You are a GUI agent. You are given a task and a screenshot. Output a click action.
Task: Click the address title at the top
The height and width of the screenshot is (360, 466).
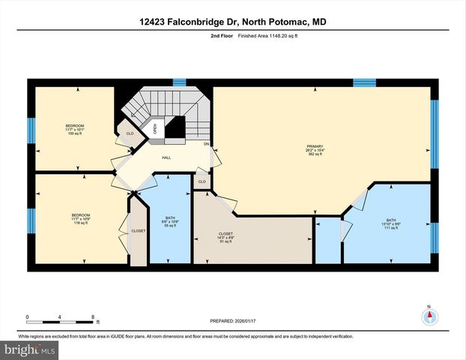click(232, 22)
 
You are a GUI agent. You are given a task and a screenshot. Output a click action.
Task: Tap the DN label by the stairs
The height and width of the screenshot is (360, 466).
click(207, 144)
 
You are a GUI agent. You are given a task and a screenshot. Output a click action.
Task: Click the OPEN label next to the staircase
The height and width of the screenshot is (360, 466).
click(154, 128)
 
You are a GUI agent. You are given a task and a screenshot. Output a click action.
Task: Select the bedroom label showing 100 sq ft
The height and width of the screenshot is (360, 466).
click(74, 129)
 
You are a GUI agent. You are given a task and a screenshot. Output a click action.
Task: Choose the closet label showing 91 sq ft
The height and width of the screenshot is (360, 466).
click(226, 237)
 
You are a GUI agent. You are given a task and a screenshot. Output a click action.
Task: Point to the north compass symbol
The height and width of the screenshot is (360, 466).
click(429, 315)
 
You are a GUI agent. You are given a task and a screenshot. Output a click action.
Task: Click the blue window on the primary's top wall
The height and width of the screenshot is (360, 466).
click(364, 82)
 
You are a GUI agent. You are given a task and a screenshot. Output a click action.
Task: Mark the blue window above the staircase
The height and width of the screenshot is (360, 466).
click(178, 82)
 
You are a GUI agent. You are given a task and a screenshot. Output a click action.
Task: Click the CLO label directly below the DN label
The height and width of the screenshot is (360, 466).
click(202, 181)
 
